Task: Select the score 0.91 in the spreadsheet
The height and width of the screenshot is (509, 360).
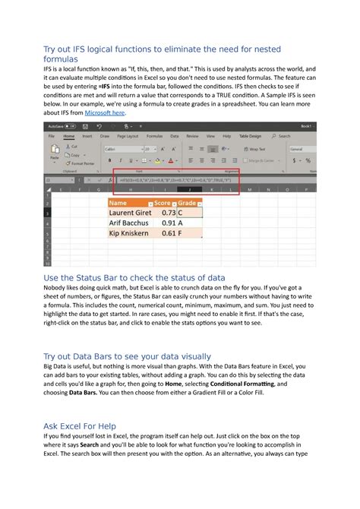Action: pyautogui.click(x=166, y=223)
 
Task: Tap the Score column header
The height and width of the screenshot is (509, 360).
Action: pyautogui.click(x=162, y=204)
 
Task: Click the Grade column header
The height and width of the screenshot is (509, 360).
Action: pyautogui.click(x=187, y=204)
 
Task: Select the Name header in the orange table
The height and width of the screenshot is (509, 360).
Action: pyautogui.click(x=118, y=204)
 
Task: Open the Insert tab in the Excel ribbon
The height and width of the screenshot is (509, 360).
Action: pyautogui.click(x=87, y=136)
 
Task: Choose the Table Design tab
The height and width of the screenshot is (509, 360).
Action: pyautogui.click(x=249, y=136)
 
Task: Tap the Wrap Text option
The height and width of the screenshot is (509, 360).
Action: pyautogui.click(x=257, y=150)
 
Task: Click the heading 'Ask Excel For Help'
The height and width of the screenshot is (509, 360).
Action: pyautogui.click(x=90, y=425)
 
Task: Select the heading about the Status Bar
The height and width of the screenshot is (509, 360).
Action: pyautogui.click(x=134, y=278)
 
